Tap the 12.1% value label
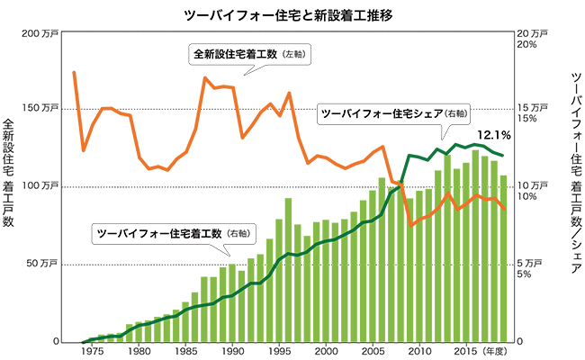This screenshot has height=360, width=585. [x=494, y=135]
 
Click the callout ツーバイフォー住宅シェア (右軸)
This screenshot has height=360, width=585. [x=394, y=114]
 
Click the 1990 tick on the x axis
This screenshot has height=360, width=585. [x=232, y=351]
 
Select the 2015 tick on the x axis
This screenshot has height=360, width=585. [x=465, y=351]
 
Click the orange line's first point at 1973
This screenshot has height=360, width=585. [x=74, y=72]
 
